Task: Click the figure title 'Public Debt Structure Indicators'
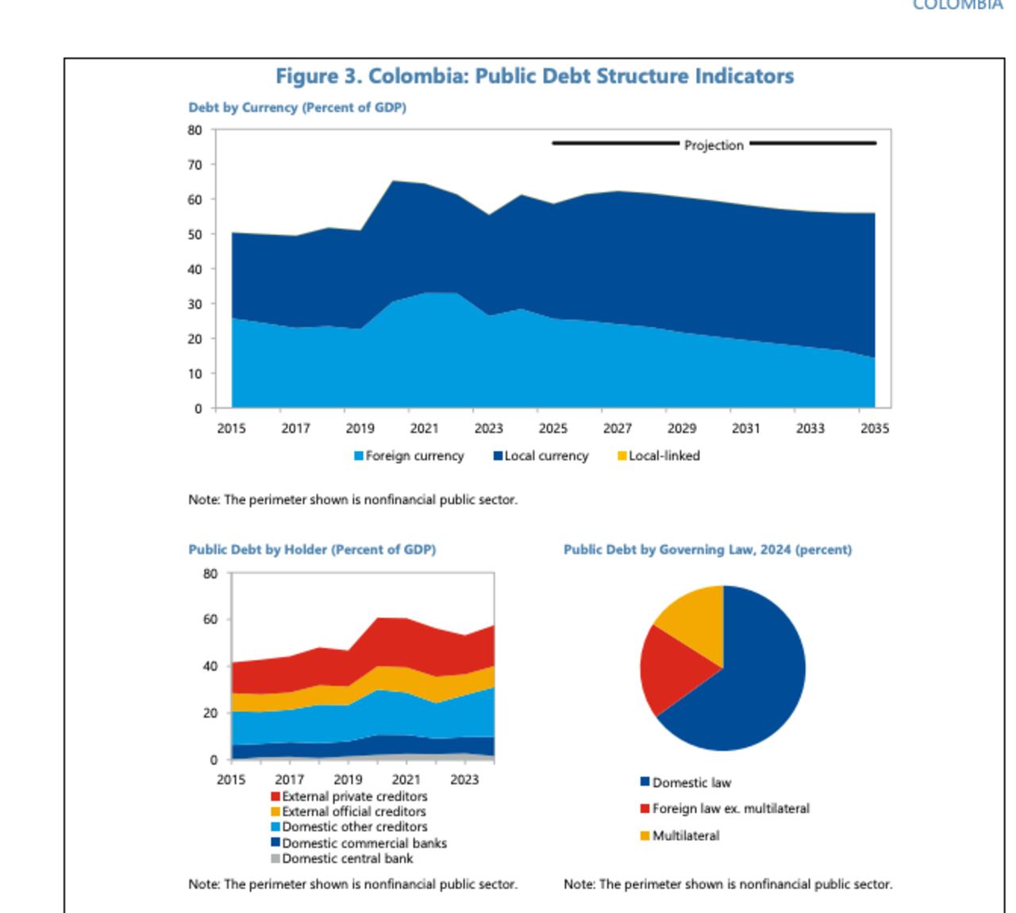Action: point(534,76)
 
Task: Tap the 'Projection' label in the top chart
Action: point(714,145)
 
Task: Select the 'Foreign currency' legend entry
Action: point(409,456)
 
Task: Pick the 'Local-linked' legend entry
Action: point(659,456)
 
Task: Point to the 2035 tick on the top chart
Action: point(874,428)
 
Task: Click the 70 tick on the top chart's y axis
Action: point(194,165)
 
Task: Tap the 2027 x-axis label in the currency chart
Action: point(617,428)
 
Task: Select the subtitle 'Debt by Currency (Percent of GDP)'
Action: point(297,107)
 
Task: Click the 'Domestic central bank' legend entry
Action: point(342,858)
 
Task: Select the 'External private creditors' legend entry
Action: point(349,796)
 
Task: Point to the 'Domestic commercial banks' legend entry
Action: point(359,843)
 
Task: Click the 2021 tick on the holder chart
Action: point(406,780)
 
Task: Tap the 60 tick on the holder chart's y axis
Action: point(210,619)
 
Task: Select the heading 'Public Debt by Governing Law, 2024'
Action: point(707,549)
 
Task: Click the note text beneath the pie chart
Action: point(727,884)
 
